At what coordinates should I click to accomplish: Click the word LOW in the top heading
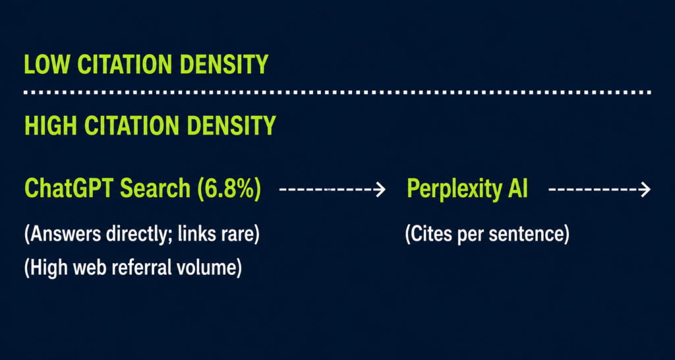point(47,65)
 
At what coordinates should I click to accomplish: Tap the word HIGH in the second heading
point(51,125)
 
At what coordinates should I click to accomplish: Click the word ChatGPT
point(69,189)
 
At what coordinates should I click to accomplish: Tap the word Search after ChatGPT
point(155,189)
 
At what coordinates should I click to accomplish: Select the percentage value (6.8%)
point(229,189)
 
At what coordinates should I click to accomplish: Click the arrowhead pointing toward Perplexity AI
point(380,189)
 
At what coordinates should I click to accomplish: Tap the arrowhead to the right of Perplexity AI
point(645,189)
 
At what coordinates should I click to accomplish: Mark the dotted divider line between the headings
point(337,92)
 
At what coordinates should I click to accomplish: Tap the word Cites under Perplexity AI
point(430,235)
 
